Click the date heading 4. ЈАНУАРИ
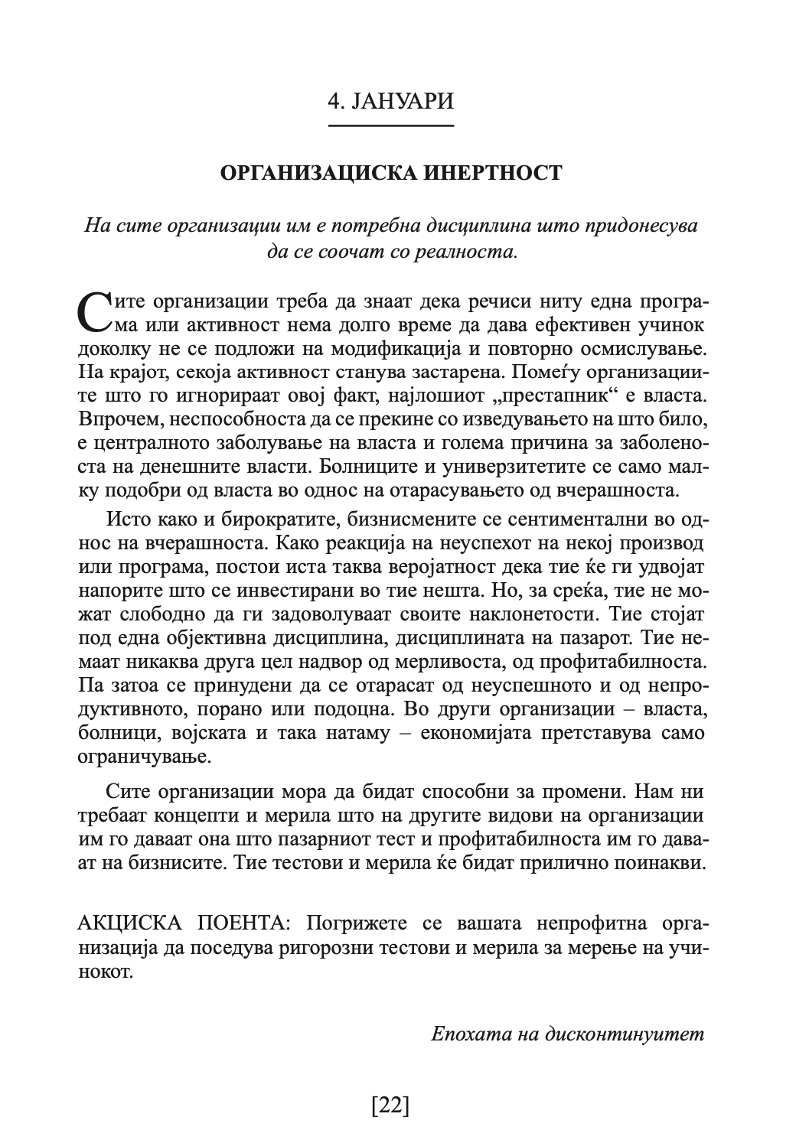coord(390,101)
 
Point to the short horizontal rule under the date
coord(390,125)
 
